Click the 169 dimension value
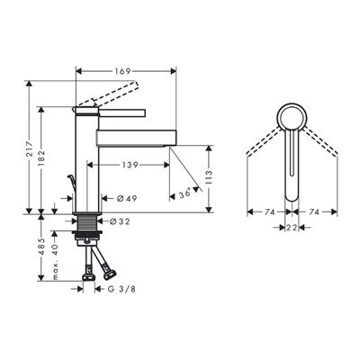(122, 71)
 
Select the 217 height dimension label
(30, 148)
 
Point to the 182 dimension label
(41, 158)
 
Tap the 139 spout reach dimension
(130, 165)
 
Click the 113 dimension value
(209, 177)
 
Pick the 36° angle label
(184, 193)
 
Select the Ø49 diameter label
(127, 198)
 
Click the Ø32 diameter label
(120, 221)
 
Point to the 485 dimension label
(41, 247)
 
